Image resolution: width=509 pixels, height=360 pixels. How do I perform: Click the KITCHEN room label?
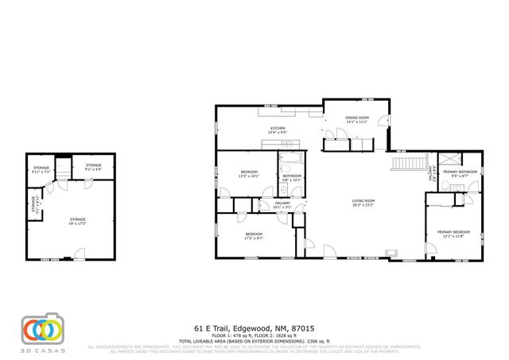(277, 130)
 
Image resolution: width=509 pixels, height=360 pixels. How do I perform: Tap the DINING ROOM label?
(356, 120)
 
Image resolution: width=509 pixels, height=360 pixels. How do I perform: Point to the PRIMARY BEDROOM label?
(449, 234)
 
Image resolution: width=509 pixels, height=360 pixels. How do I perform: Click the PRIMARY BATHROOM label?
(460, 173)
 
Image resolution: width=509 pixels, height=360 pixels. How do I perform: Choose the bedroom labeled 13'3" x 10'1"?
(250, 175)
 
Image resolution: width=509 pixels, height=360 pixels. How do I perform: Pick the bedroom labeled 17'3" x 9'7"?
(254, 235)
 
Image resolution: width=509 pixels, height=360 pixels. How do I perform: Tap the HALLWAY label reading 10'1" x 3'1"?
(282, 205)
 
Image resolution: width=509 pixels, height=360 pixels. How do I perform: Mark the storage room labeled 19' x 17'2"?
(77, 220)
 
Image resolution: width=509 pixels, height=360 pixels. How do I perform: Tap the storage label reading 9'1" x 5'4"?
(94, 168)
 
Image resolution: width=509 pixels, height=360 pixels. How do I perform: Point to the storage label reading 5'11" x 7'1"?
(40, 169)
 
